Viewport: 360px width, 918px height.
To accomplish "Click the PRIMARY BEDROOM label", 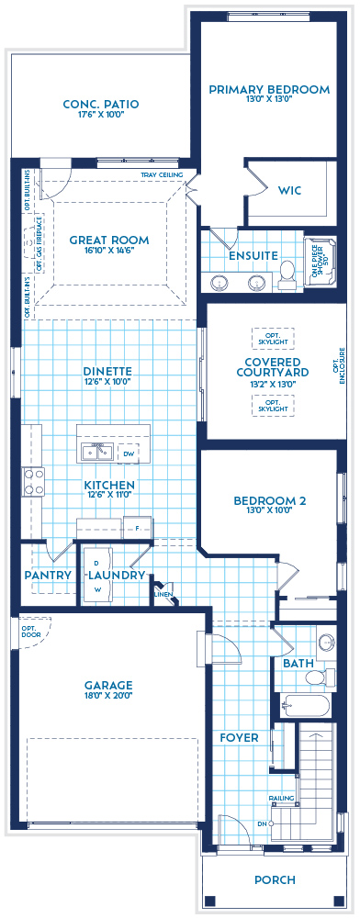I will click(x=268, y=89).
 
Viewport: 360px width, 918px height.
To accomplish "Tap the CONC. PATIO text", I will click(x=100, y=105).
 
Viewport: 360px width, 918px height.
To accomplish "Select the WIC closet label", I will click(x=289, y=191).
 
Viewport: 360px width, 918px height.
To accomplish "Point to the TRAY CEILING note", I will click(x=162, y=174).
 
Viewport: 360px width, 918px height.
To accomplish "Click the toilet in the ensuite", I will click(x=287, y=270).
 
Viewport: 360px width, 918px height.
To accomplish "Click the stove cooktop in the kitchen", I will click(x=33, y=482).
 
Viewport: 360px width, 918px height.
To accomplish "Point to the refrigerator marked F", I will click(x=137, y=530).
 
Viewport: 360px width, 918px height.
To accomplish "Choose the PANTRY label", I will click(x=48, y=576).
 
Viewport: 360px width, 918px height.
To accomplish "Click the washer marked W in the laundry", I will click(x=95, y=590).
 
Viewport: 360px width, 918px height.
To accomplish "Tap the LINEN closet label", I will click(x=163, y=594).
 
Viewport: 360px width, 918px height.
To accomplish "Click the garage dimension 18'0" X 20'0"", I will click(x=109, y=696).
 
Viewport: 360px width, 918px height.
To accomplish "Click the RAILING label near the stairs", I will click(x=281, y=798).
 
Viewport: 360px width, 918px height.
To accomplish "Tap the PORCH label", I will click(x=275, y=880).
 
